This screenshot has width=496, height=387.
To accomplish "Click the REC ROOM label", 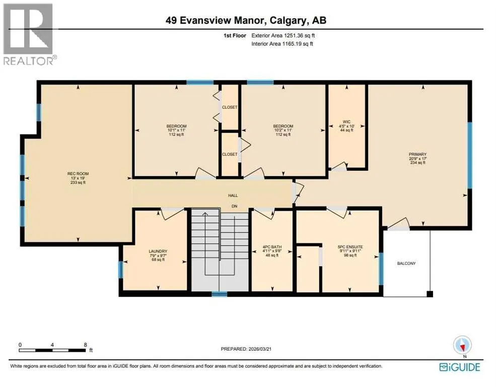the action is click(78, 174).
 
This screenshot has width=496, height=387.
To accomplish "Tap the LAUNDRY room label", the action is click(158, 251).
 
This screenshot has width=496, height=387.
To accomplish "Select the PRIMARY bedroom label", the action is click(417, 154).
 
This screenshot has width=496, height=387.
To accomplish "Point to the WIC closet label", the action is click(346, 122).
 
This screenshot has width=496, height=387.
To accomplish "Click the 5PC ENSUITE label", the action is click(350, 247).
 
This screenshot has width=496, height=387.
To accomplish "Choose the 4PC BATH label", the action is click(272, 247).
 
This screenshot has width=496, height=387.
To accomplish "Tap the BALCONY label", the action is click(406, 263).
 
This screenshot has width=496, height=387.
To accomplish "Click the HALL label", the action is click(233, 196).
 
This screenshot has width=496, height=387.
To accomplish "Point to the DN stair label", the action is click(234, 206).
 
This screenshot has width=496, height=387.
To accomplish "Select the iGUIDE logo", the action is click(460, 367).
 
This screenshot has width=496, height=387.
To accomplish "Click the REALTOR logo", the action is click(29, 34).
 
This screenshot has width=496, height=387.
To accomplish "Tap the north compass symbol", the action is click(462, 345).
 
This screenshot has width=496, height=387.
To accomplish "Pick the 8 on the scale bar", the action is click(86, 345).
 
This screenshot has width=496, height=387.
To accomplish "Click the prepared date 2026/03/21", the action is click(260, 349).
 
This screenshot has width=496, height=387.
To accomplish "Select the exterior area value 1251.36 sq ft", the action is click(297, 36).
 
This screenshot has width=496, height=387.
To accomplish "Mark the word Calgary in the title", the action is click(288, 21).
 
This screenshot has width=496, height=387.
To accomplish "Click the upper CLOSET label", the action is click(230, 107).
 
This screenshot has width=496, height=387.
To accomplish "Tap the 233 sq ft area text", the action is click(78, 182).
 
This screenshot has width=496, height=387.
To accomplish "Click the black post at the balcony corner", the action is click(430, 294).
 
